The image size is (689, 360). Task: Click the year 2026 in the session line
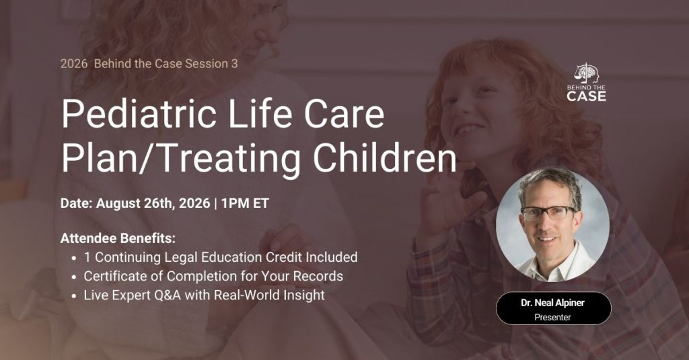73,64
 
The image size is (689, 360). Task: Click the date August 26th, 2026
153,203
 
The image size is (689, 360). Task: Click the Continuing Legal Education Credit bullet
221,257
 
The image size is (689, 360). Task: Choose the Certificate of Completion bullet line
213,276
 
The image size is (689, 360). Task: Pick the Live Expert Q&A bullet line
204,295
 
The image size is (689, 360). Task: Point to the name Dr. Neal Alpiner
553,303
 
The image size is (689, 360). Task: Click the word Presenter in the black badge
553,317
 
